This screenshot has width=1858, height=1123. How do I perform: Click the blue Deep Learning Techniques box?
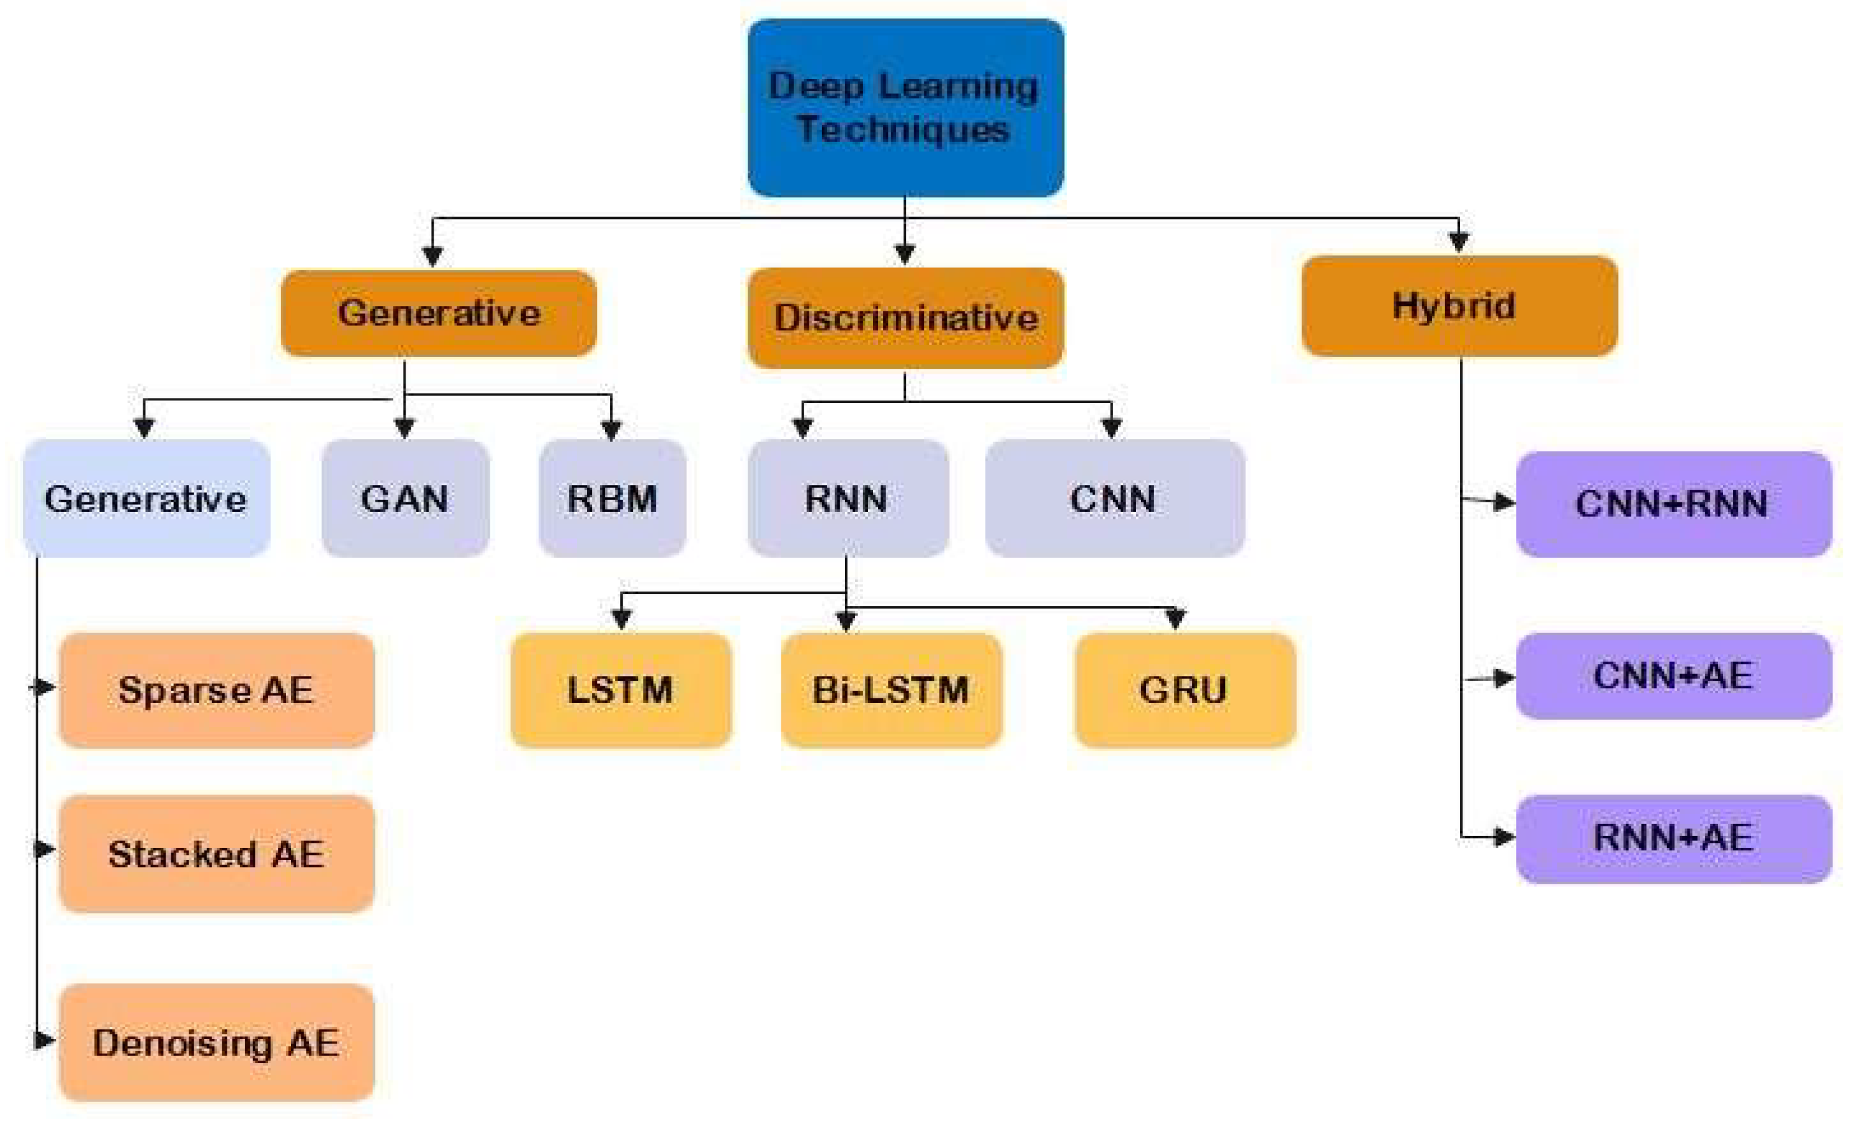point(905,108)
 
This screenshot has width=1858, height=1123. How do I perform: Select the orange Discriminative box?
point(905,317)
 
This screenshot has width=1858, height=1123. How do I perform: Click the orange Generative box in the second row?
point(438,313)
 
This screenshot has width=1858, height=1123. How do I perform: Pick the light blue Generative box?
point(146,498)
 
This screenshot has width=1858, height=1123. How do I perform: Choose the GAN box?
point(405,498)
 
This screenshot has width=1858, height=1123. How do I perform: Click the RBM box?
point(611,498)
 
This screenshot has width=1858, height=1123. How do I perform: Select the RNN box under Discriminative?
point(847,498)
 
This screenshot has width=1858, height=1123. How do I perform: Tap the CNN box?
point(1114,498)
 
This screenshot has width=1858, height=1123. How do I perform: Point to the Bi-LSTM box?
point(891,689)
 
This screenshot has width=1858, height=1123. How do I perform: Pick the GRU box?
point(1184,689)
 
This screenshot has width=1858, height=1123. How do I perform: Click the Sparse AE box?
point(216,689)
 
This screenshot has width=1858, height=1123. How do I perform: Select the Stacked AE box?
point(216,853)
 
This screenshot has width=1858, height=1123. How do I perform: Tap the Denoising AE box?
point(216,1042)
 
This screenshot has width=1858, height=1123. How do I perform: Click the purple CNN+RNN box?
point(1673,504)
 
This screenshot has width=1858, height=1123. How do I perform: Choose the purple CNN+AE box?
point(1673,675)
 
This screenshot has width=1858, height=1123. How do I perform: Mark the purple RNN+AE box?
point(1673,837)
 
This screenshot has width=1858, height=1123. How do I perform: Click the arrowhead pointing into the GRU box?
point(1175,619)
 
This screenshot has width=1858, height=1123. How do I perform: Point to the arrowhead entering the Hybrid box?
point(1458,241)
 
